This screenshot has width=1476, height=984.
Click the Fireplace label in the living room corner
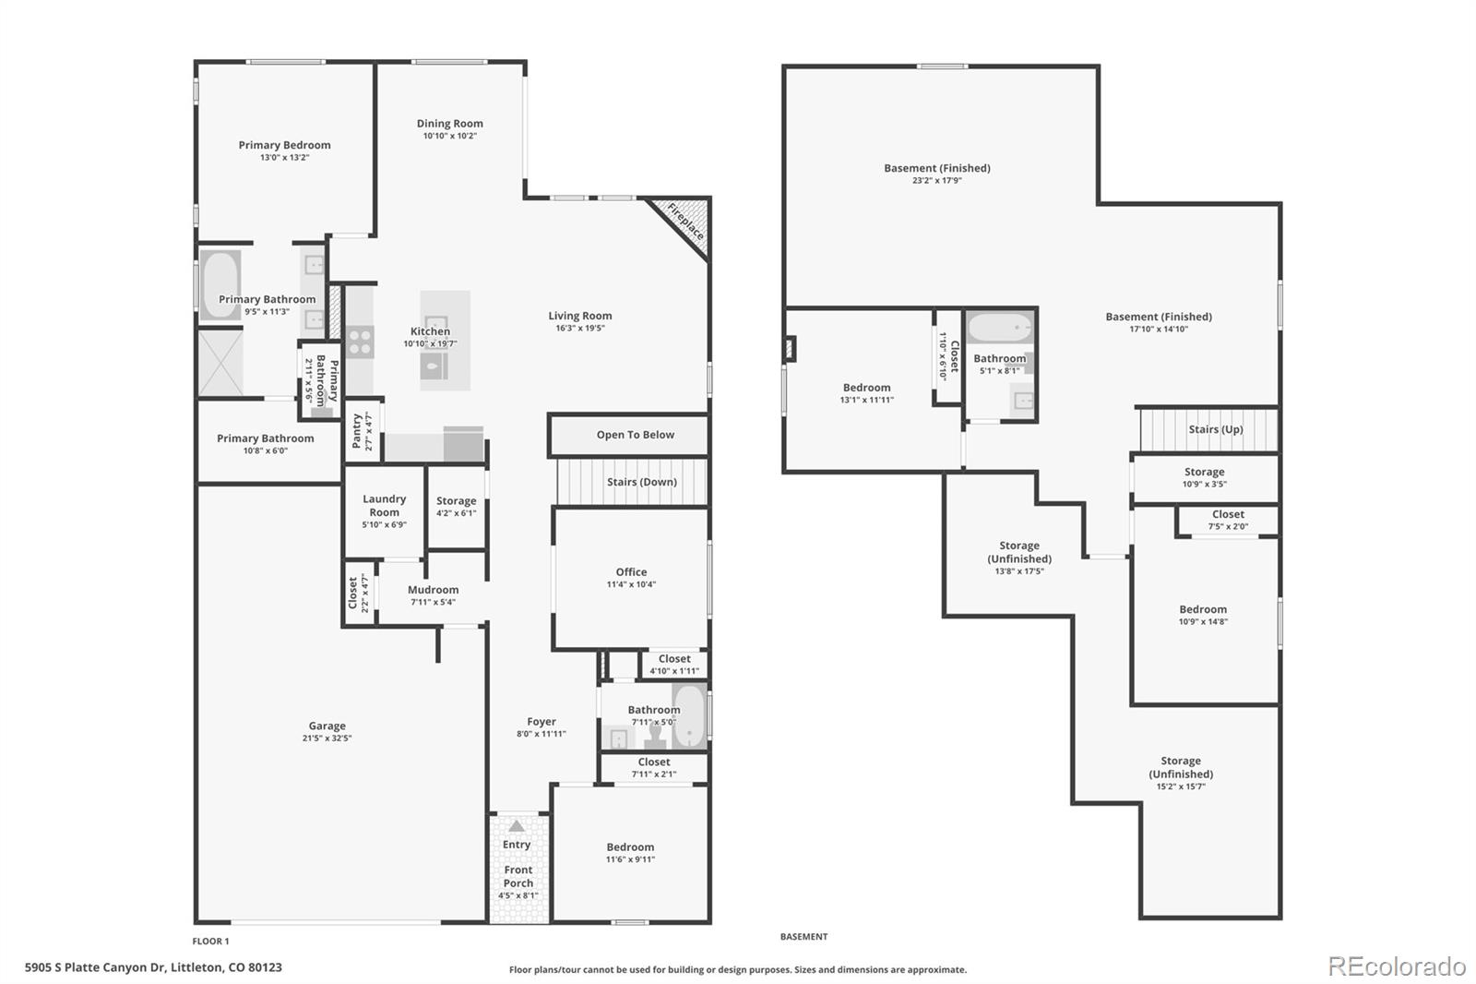686,222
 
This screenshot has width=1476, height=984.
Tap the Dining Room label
449,124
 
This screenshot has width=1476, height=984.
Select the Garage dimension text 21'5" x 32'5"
327,738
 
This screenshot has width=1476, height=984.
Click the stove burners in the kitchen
360,342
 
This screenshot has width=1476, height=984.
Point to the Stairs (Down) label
642,482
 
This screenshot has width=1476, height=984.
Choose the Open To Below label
636,435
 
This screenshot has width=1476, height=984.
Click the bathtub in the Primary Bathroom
220,285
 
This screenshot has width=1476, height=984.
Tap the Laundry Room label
384,505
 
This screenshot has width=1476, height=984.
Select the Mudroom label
433,590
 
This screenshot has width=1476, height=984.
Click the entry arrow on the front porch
517,826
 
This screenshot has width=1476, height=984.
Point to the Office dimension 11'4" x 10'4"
631,584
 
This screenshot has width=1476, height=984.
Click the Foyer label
541,722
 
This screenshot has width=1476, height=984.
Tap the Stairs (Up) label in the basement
1216,429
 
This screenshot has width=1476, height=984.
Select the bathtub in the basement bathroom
1000,327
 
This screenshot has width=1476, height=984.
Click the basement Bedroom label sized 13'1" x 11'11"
866,388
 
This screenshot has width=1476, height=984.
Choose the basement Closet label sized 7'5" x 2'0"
1228,514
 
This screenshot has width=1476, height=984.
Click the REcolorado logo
1397,966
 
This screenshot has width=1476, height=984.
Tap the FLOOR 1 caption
211,942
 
